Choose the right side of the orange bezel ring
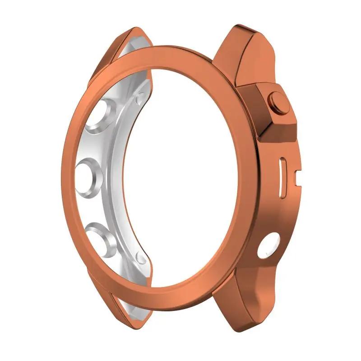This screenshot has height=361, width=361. click(250, 180)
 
